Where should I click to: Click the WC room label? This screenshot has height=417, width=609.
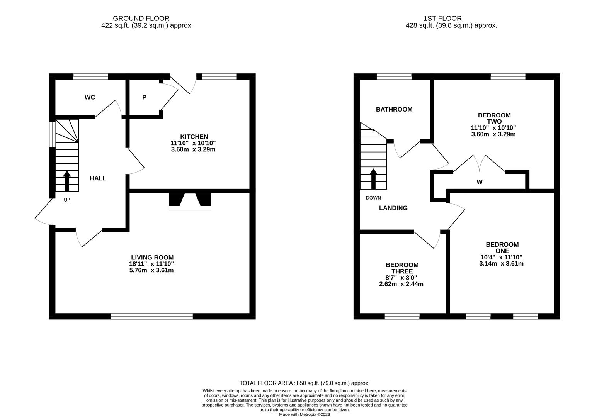[x=90, y=97]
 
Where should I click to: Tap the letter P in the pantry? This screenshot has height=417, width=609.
[x=144, y=97]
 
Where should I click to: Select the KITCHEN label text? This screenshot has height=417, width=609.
[x=194, y=137]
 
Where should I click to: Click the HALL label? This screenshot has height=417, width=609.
[x=98, y=178]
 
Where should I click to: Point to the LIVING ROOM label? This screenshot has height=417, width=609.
[x=152, y=258]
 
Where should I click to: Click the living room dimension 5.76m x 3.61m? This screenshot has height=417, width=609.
[x=151, y=270]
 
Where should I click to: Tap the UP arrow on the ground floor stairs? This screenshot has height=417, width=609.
[x=67, y=181]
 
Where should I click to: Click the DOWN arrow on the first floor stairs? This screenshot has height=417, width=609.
[x=373, y=179]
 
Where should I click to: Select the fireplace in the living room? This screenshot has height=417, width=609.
[x=190, y=201]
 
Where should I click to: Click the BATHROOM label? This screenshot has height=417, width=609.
[x=394, y=110]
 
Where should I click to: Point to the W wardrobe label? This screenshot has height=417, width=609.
[x=479, y=182]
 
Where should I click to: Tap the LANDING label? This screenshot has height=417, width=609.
[x=393, y=208]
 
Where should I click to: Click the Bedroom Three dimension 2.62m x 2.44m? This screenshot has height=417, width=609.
[x=401, y=284]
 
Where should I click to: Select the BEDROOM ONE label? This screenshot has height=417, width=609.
[x=502, y=247]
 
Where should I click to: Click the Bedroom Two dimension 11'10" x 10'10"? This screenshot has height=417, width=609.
[x=493, y=128]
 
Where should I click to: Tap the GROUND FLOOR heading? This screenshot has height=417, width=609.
[x=141, y=18]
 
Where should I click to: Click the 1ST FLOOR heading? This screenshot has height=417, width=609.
[x=442, y=18]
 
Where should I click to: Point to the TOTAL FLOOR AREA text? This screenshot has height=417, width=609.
[x=304, y=383]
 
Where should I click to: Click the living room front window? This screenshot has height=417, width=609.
[x=151, y=316]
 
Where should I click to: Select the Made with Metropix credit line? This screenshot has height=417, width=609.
[x=304, y=414]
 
